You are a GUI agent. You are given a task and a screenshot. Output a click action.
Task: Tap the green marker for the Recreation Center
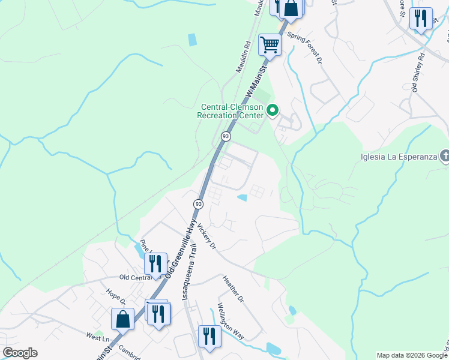coord(273,110)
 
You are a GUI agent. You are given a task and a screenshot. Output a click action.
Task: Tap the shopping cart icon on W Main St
coord(270,44)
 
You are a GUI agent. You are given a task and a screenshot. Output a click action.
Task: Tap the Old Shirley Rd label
coord(418,73)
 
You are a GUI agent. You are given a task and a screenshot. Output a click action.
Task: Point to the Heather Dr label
coord(233,289)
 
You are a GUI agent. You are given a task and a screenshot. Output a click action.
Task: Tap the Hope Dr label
coord(114,299)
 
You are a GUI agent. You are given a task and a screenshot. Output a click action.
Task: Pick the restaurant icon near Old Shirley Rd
coord(421,18)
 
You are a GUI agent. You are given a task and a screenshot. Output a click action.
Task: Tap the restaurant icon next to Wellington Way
coord(209,335)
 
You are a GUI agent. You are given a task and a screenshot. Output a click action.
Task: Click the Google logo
coord(20,353)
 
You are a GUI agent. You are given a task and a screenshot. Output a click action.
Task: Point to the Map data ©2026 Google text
coord(411,355)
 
